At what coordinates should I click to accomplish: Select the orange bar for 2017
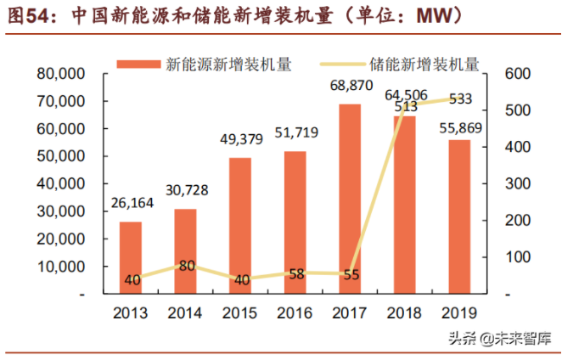click(350, 199)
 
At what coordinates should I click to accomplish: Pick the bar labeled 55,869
click(459, 217)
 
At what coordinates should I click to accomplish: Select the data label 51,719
click(295, 134)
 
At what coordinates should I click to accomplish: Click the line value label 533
click(460, 99)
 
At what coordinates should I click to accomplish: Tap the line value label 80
click(187, 266)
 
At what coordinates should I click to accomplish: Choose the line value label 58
click(295, 273)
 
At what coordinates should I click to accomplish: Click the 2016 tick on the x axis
click(295, 313)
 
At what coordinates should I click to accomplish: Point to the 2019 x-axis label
click(459, 313)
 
